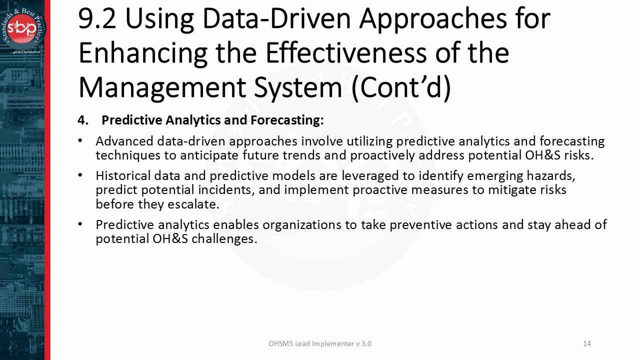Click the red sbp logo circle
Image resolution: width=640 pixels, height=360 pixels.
point(21,29)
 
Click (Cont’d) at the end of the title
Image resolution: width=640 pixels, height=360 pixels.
point(401,88)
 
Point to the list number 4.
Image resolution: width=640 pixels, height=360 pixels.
point(83,120)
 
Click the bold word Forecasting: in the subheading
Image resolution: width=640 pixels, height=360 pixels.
point(287,120)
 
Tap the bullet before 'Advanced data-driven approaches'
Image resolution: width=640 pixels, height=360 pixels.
point(80,141)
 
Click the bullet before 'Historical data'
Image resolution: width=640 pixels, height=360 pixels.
point(80,175)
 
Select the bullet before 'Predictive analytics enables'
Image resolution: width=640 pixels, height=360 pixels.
point(80,224)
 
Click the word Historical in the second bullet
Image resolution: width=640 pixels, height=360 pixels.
point(123,175)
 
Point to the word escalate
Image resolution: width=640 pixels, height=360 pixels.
point(193,204)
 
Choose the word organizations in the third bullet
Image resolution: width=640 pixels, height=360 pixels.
point(301,225)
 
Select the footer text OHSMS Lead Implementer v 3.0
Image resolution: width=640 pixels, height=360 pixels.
point(320,343)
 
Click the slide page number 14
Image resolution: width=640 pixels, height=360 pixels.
point(587,343)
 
